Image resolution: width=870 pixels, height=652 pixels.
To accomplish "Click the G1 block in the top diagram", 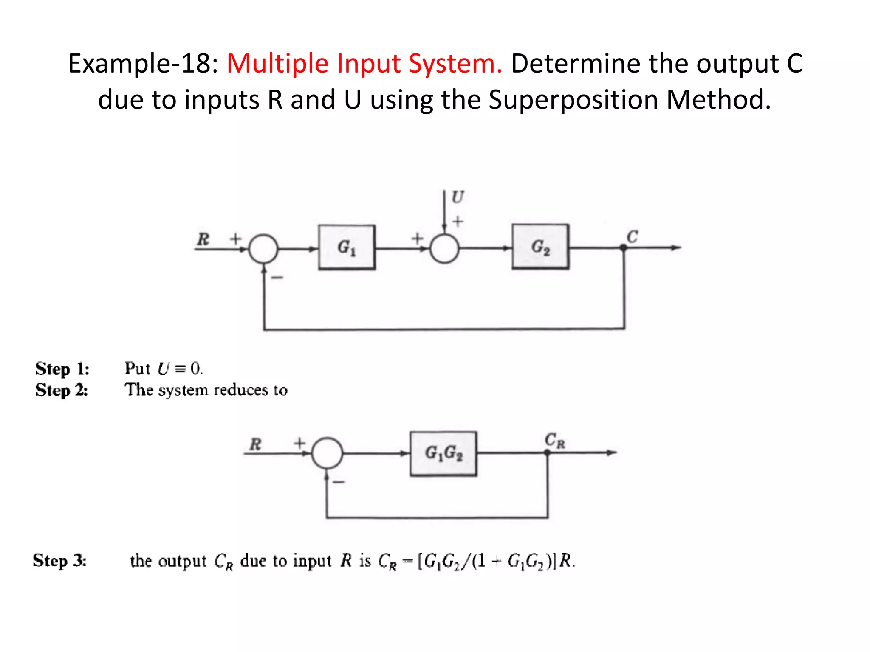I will click(x=347, y=247).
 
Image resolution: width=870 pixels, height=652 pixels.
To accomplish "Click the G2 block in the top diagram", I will click(x=540, y=247).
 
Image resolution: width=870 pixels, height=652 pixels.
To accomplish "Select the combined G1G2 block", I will click(x=443, y=453).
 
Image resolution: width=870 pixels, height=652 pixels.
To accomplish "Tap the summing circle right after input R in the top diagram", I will click(x=263, y=249).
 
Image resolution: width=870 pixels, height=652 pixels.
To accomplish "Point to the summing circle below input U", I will click(x=444, y=249).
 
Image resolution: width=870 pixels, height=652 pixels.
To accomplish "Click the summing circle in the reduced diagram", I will click(x=327, y=453).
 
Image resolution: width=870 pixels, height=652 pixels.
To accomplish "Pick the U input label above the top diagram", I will click(x=458, y=197).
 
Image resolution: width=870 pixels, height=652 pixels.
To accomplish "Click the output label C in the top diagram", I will click(x=632, y=236).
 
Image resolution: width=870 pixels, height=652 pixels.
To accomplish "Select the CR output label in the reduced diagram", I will click(x=555, y=440).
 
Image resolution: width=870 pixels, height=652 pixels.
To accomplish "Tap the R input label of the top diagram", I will click(x=203, y=239).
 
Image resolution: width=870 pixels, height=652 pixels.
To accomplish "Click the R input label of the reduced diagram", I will click(x=255, y=444).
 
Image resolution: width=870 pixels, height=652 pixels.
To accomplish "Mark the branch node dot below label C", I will click(x=623, y=248).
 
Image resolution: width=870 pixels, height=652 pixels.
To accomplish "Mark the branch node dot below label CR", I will click(x=547, y=453).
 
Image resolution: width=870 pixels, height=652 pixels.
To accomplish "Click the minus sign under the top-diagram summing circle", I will click(x=277, y=278).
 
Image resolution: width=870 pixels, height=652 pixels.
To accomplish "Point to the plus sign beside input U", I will click(x=458, y=221).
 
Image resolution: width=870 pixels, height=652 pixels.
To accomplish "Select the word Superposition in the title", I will click(x=573, y=100).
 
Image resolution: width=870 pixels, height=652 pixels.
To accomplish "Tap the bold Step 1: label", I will click(x=62, y=368).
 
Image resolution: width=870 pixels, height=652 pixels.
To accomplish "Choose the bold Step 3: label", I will click(x=60, y=560).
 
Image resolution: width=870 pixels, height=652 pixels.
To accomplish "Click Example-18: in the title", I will click(x=143, y=64).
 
